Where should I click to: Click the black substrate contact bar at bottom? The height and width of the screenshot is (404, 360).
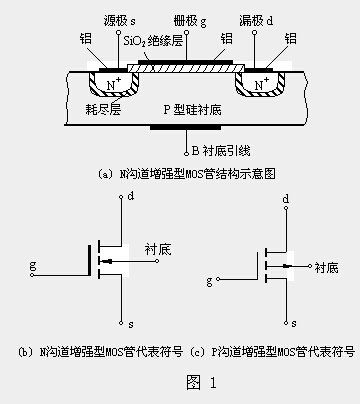tap(180, 128)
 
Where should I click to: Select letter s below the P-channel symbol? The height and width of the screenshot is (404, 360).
tap(295, 325)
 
